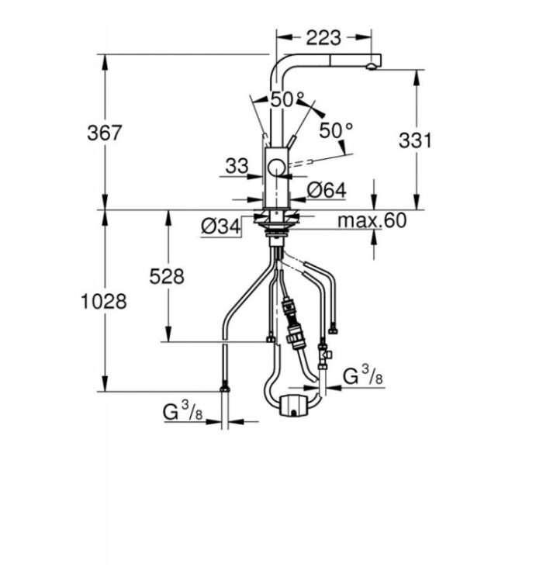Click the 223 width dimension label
click(x=323, y=38)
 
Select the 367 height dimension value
click(x=105, y=133)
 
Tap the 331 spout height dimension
click(x=415, y=140)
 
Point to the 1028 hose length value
click(x=104, y=302)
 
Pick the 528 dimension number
click(x=167, y=277)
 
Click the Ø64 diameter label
click(x=327, y=190)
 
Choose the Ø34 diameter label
click(x=220, y=226)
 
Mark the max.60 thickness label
click(x=372, y=220)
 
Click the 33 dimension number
click(x=237, y=166)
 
